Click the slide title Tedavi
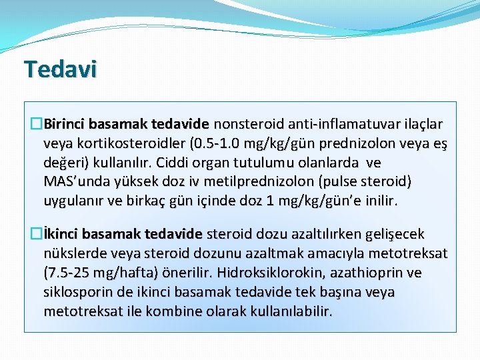click(x=61, y=69)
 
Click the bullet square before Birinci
click(x=37, y=125)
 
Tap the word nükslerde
click(x=72, y=254)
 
